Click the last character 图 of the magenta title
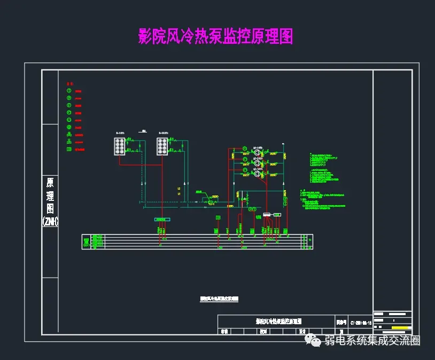285,36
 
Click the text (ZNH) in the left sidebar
50,221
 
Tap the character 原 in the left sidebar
50,183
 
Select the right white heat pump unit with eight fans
162,146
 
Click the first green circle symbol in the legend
69,91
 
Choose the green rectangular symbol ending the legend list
69,149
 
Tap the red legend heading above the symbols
69,84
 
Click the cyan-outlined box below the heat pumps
162,219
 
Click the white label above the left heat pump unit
120,132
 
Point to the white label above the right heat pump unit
162,132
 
